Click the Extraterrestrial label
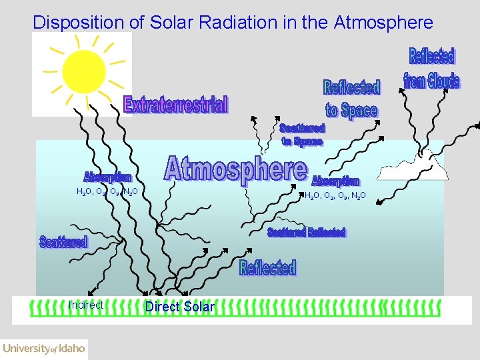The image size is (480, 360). (x=176, y=105)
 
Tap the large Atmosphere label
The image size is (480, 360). (x=236, y=169)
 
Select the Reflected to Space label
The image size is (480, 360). (x=351, y=99)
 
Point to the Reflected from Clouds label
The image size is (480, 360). (x=431, y=69)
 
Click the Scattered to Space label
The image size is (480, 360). (x=302, y=135)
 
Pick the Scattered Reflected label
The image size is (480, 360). (x=306, y=232)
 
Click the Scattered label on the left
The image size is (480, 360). (x=63, y=241)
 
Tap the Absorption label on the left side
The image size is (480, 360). (x=107, y=177)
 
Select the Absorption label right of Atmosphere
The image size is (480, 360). (x=335, y=181)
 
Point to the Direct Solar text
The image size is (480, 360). (x=180, y=307)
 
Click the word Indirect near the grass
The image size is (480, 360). (x=86, y=305)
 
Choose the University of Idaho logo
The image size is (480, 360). (x=44, y=348)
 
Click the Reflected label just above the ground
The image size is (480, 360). (x=267, y=268)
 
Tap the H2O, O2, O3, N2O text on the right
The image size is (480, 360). (x=335, y=196)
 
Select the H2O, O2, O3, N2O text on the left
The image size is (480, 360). (x=107, y=192)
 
